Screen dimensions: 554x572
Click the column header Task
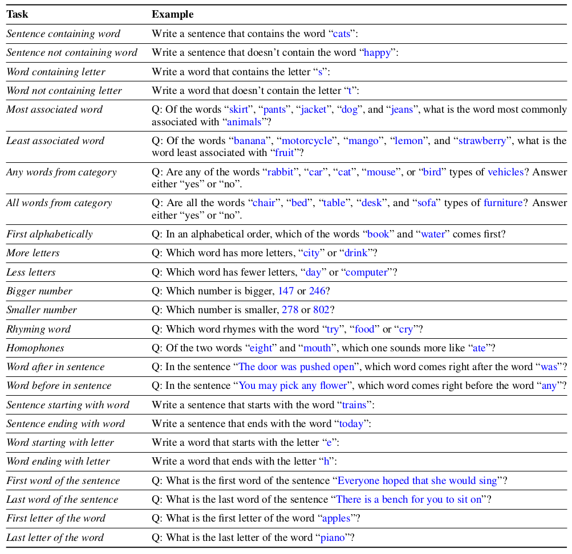pyautogui.click(x=17, y=14)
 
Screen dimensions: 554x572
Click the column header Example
pyautogui.click(x=172, y=14)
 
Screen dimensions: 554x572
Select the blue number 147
pyautogui.click(x=286, y=291)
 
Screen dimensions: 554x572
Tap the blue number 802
pyautogui.click(x=321, y=310)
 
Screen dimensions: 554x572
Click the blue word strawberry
pyautogui.click(x=482, y=141)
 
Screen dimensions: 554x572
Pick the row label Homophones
pyautogui.click(x=35, y=348)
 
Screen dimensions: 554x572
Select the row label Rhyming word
pyautogui.click(x=39, y=329)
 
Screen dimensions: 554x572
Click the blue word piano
pyautogui.click(x=332, y=537)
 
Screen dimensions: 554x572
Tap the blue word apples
pyautogui.click(x=336, y=518)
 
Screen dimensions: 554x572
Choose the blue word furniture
pyautogui.click(x=502, y=203)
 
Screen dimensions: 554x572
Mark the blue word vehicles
pyautogui.click(x=505, y=172)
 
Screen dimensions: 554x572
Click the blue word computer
pyautogui.click(x=367, y=272)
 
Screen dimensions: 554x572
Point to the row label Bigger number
pyautogui.click(x=39, y=291)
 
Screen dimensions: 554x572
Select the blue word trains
pyautogui.click(x=354, y=405)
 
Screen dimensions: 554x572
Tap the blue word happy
pyautogui.click(x=378, y=52)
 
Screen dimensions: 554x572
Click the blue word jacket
pyautogui.click(x=313, y=109)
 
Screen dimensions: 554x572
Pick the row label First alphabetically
pyautogui.click(x=50, y=234)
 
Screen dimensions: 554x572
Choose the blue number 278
pyautogui.click(x=290, y=310)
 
